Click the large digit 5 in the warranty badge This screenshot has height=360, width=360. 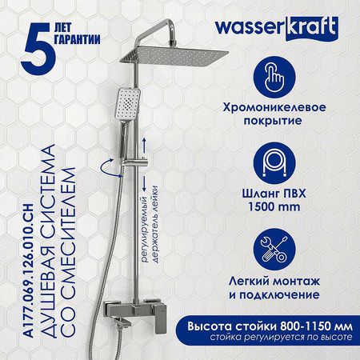(x=38, y=48)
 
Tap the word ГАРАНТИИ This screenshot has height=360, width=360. (x=77, y=39)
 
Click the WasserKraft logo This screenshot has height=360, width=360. (x=277, y=29)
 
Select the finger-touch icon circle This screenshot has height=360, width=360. (x=274, y=78)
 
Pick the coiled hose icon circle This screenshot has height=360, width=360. (x=274, y=163)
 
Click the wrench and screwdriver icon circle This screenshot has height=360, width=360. (x=274, y=250)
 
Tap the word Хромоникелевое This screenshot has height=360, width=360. (x=274, y=107)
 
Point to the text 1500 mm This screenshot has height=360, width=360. (x=274, y=207)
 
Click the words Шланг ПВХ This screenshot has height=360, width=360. (x=274, y=194)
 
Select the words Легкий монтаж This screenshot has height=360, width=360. (x=274, y=282)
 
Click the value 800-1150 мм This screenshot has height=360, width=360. (x=316, y=326)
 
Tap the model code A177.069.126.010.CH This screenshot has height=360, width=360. (x=30, y=271)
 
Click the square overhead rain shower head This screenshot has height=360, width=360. (x=174, y=58)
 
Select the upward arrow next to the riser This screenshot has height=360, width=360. (x=144, y=145)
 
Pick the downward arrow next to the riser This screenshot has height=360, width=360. (x=144, y=183)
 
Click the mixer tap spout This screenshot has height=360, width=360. (x=122, y=323)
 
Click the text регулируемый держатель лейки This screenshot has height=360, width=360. (x=150, y=225)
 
